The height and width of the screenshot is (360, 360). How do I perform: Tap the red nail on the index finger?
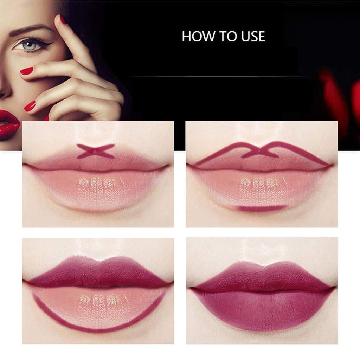coord(26,71)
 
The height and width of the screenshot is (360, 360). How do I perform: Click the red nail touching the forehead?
coord(63,19)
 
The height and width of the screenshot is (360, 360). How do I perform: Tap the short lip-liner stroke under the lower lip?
coord(262,208)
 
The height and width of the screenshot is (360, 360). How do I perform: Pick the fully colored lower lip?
coord(262,309)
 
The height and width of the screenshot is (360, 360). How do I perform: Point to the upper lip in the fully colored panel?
coord(262,276)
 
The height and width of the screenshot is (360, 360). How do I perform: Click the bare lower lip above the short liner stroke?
coord(262,188)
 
